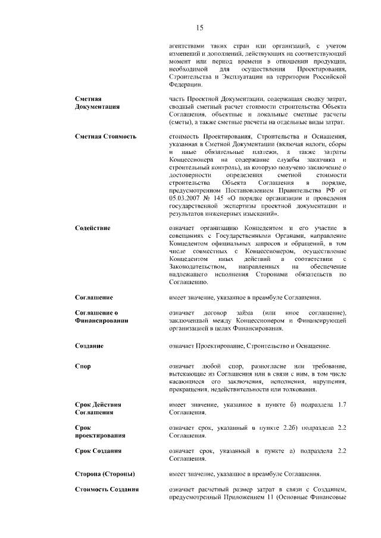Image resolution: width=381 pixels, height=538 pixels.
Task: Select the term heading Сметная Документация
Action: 97,102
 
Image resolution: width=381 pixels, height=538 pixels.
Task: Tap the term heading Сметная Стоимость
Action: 105,136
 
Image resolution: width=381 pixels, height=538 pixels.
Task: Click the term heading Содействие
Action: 92,228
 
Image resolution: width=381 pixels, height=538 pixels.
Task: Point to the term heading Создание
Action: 89,345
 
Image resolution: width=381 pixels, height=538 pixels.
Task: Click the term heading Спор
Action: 83,366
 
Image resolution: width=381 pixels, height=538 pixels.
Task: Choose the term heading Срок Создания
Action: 99,452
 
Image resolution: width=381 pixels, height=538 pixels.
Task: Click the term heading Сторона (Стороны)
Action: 104,474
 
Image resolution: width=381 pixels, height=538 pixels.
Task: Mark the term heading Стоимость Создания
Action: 107,489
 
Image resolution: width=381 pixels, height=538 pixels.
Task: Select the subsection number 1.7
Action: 342,404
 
